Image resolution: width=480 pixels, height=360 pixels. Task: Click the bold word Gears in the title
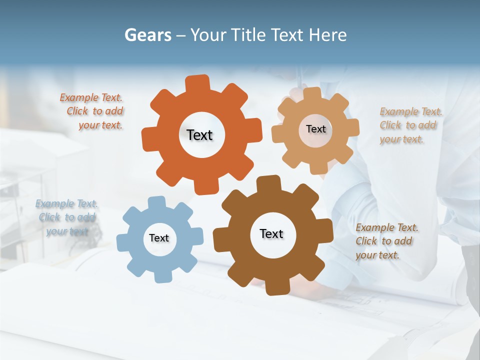147,35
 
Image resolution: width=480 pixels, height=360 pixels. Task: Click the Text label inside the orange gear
199,135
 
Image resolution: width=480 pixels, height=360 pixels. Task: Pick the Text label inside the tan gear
315,129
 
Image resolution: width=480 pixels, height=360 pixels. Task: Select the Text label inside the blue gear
159,238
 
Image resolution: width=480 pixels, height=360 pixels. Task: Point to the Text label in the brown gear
271,233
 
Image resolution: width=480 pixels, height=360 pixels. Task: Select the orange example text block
93,111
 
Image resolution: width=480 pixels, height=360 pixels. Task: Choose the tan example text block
410,125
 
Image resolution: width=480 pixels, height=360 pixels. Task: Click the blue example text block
66,217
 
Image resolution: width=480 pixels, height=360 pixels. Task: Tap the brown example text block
386,241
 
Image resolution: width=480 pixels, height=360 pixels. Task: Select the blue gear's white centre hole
159,238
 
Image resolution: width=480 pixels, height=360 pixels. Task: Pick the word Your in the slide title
207,35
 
